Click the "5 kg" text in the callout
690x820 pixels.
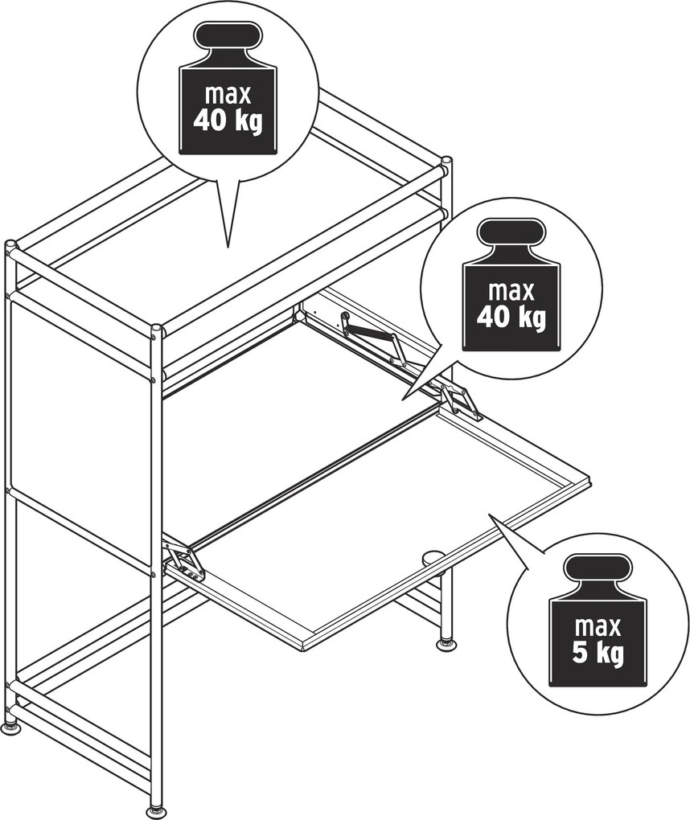598,653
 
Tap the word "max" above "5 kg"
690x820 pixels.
598,626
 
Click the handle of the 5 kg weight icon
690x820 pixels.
597,568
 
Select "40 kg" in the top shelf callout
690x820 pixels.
228,121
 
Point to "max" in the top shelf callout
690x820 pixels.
228,94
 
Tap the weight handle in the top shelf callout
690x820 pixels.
228,35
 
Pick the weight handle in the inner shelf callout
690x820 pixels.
512,232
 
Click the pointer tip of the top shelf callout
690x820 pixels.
228,247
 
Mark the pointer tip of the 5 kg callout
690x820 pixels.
489,515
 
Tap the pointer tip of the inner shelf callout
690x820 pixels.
402,400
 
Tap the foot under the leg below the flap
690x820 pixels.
446,644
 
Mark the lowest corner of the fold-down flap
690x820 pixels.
303,652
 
